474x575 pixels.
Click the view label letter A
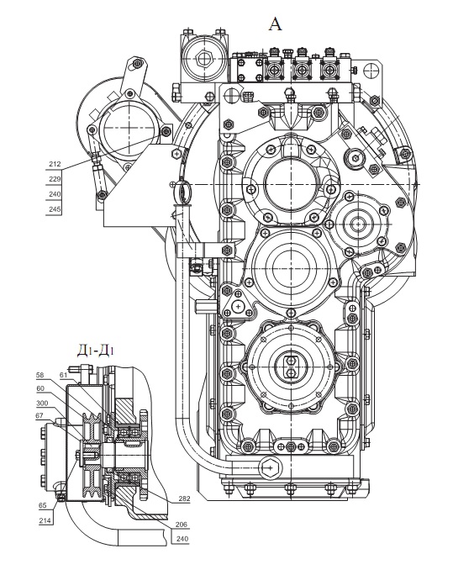(x=276, y=24)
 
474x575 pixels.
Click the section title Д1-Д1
(x=95, y=351)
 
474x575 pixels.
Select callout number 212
(x=55, y=164)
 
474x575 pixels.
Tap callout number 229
(x=55, y=179)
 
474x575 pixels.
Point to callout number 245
(x=55, y=209)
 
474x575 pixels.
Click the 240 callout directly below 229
(x=55, y=194)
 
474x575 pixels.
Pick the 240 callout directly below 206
(x=182, y=539)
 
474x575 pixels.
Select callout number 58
(x=39, y=375)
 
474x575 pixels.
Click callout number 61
(x=63, y=375)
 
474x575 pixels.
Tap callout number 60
(x=40, y=388)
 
